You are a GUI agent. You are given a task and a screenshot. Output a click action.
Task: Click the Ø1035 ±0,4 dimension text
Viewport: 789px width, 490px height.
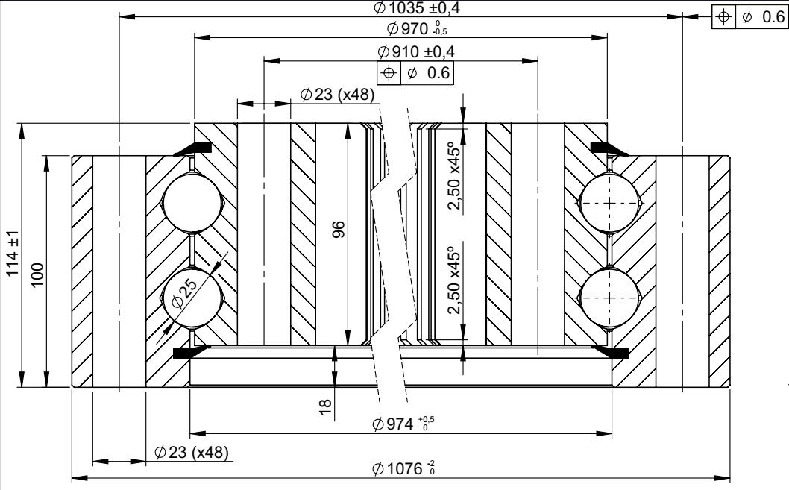(x=417, y=8)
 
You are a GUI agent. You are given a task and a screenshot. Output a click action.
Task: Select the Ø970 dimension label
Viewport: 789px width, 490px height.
(x=417, y=28)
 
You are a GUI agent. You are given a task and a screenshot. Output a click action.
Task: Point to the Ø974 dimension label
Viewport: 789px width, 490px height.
(x=403, y=424)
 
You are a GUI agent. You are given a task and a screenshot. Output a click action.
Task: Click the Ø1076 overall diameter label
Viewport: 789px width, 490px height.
(x=403, y=469)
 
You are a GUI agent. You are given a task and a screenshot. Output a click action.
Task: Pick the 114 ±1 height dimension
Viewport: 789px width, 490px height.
(x=12, y=253)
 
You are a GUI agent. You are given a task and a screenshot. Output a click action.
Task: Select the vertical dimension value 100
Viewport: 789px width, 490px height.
(x=38, y=274)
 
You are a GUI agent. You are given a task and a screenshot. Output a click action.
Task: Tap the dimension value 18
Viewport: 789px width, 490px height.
(x=326, y=407)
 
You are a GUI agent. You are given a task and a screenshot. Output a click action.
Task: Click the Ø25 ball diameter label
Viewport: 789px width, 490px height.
(x=184, y=294)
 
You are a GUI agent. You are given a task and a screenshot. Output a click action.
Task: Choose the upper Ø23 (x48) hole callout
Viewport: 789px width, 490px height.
(x=337, y=94)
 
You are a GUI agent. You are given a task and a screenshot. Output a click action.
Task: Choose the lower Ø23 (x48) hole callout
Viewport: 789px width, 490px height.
(x=192, y=452)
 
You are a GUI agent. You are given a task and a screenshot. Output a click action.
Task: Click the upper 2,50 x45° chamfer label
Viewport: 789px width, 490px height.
(x=455, y=175)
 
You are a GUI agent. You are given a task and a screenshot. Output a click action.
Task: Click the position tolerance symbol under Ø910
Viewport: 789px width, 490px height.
(x=389, y=73)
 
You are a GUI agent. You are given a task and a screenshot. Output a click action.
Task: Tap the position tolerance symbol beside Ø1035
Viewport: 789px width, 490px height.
(x=723, y=17)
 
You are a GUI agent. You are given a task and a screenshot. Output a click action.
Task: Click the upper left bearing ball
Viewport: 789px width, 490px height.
(x=192, y=203)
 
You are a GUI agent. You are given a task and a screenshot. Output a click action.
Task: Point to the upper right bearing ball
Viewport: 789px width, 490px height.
(x=609, y=203)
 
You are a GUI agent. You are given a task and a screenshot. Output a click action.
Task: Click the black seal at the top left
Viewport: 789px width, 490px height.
(x=192, y=148)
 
